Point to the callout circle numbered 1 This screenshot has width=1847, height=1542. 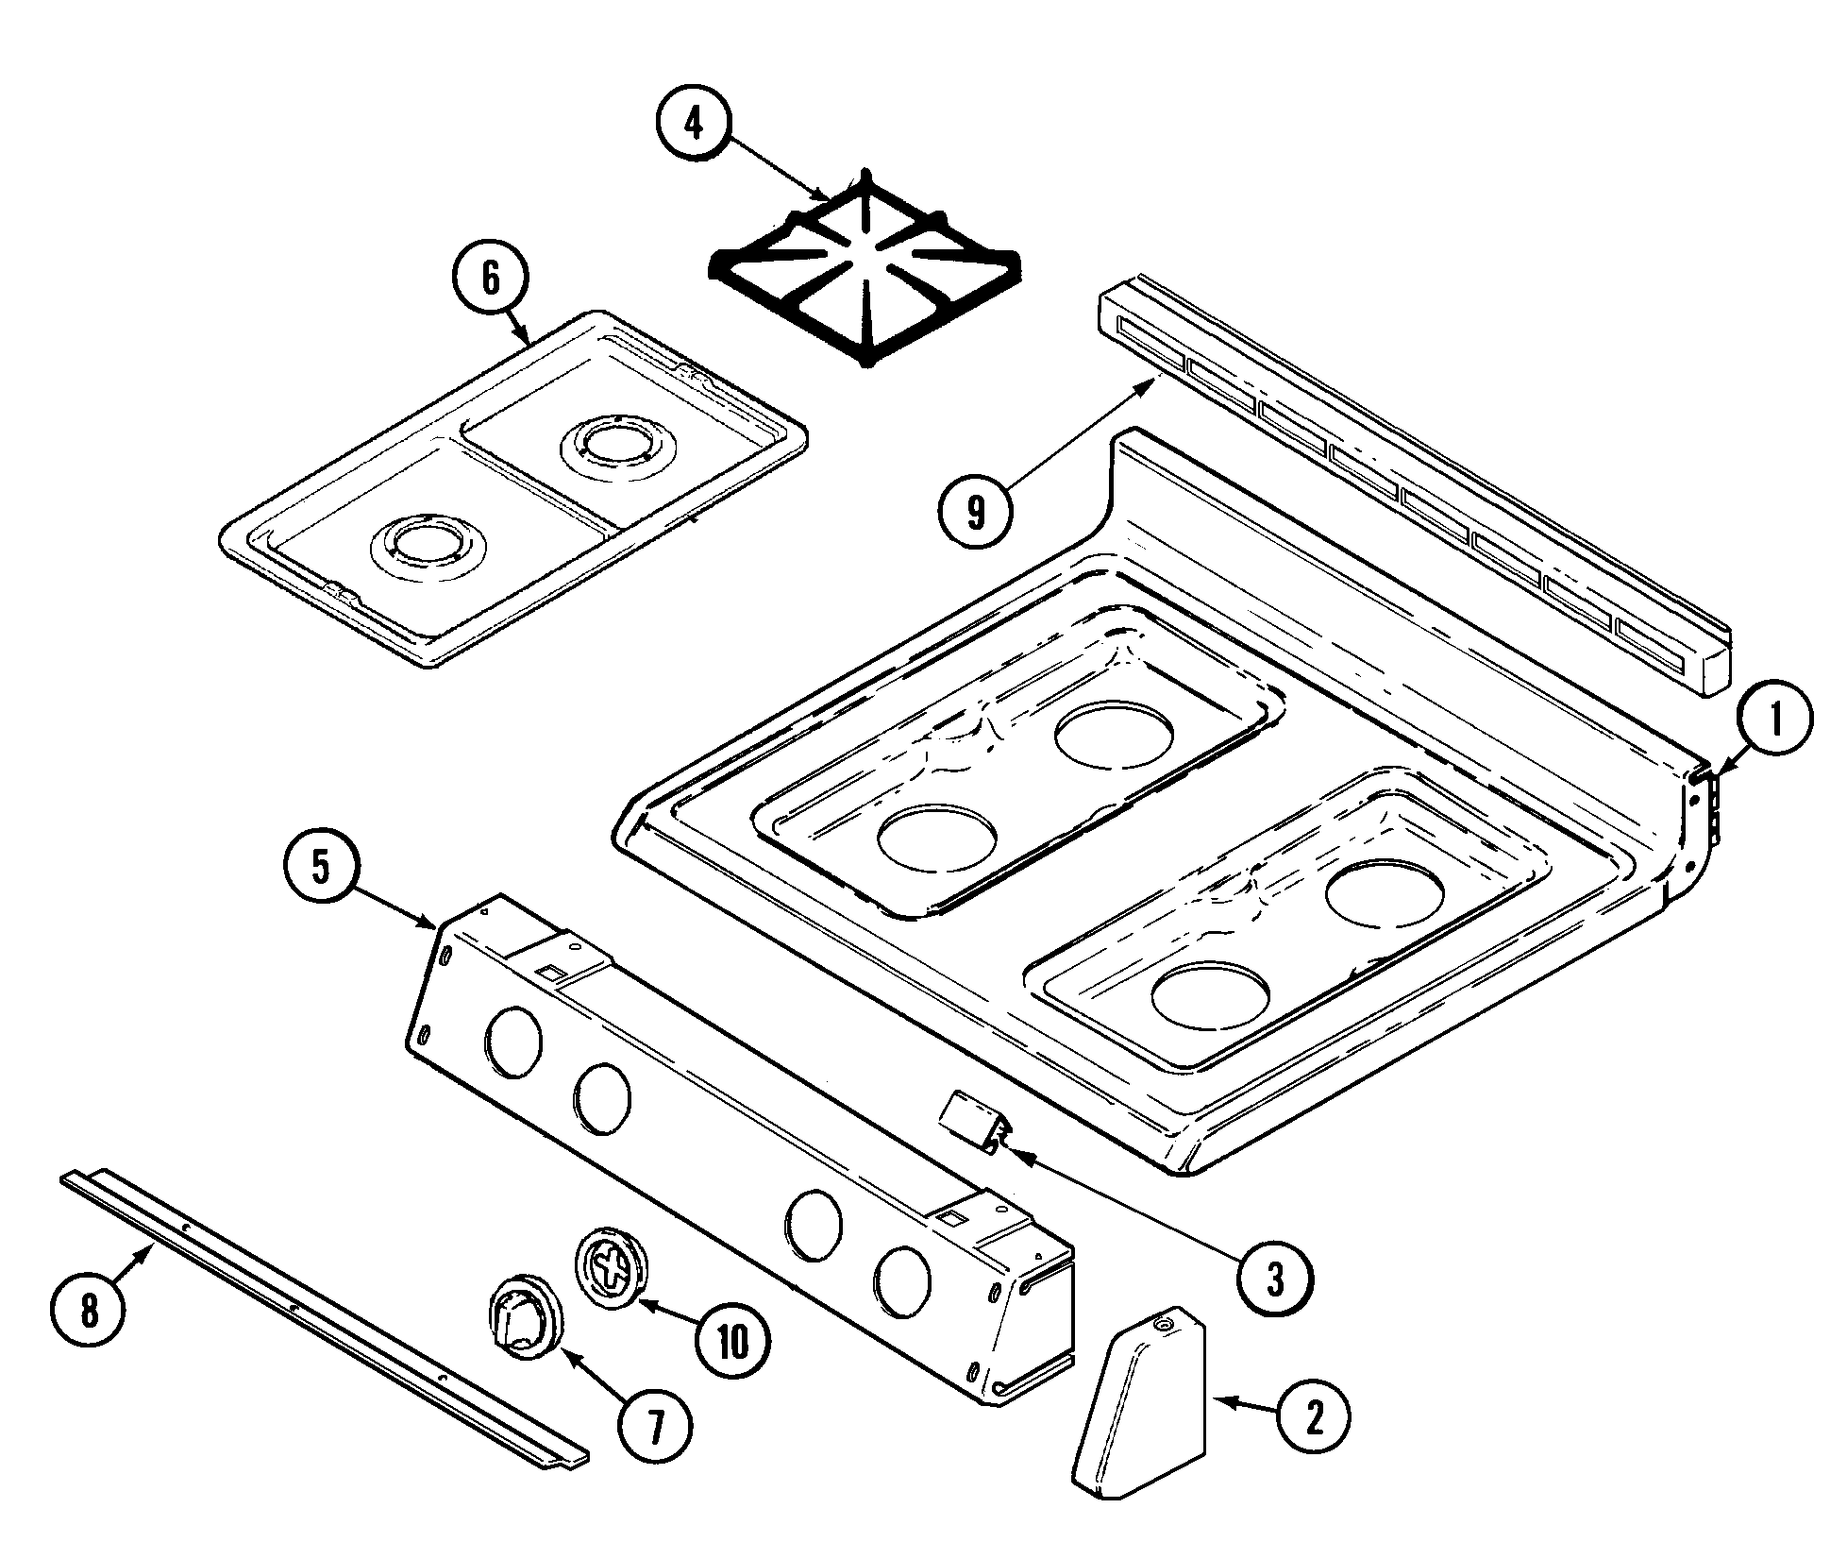pos(1775,720)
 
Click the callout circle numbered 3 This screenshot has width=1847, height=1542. pos(1275,1279)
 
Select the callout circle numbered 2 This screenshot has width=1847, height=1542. pos(1314,1415)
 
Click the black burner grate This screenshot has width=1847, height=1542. pos(863,272)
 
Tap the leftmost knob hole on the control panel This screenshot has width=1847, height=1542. pos(513,1043)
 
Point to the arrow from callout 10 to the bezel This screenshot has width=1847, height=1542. pos(670,1315)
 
